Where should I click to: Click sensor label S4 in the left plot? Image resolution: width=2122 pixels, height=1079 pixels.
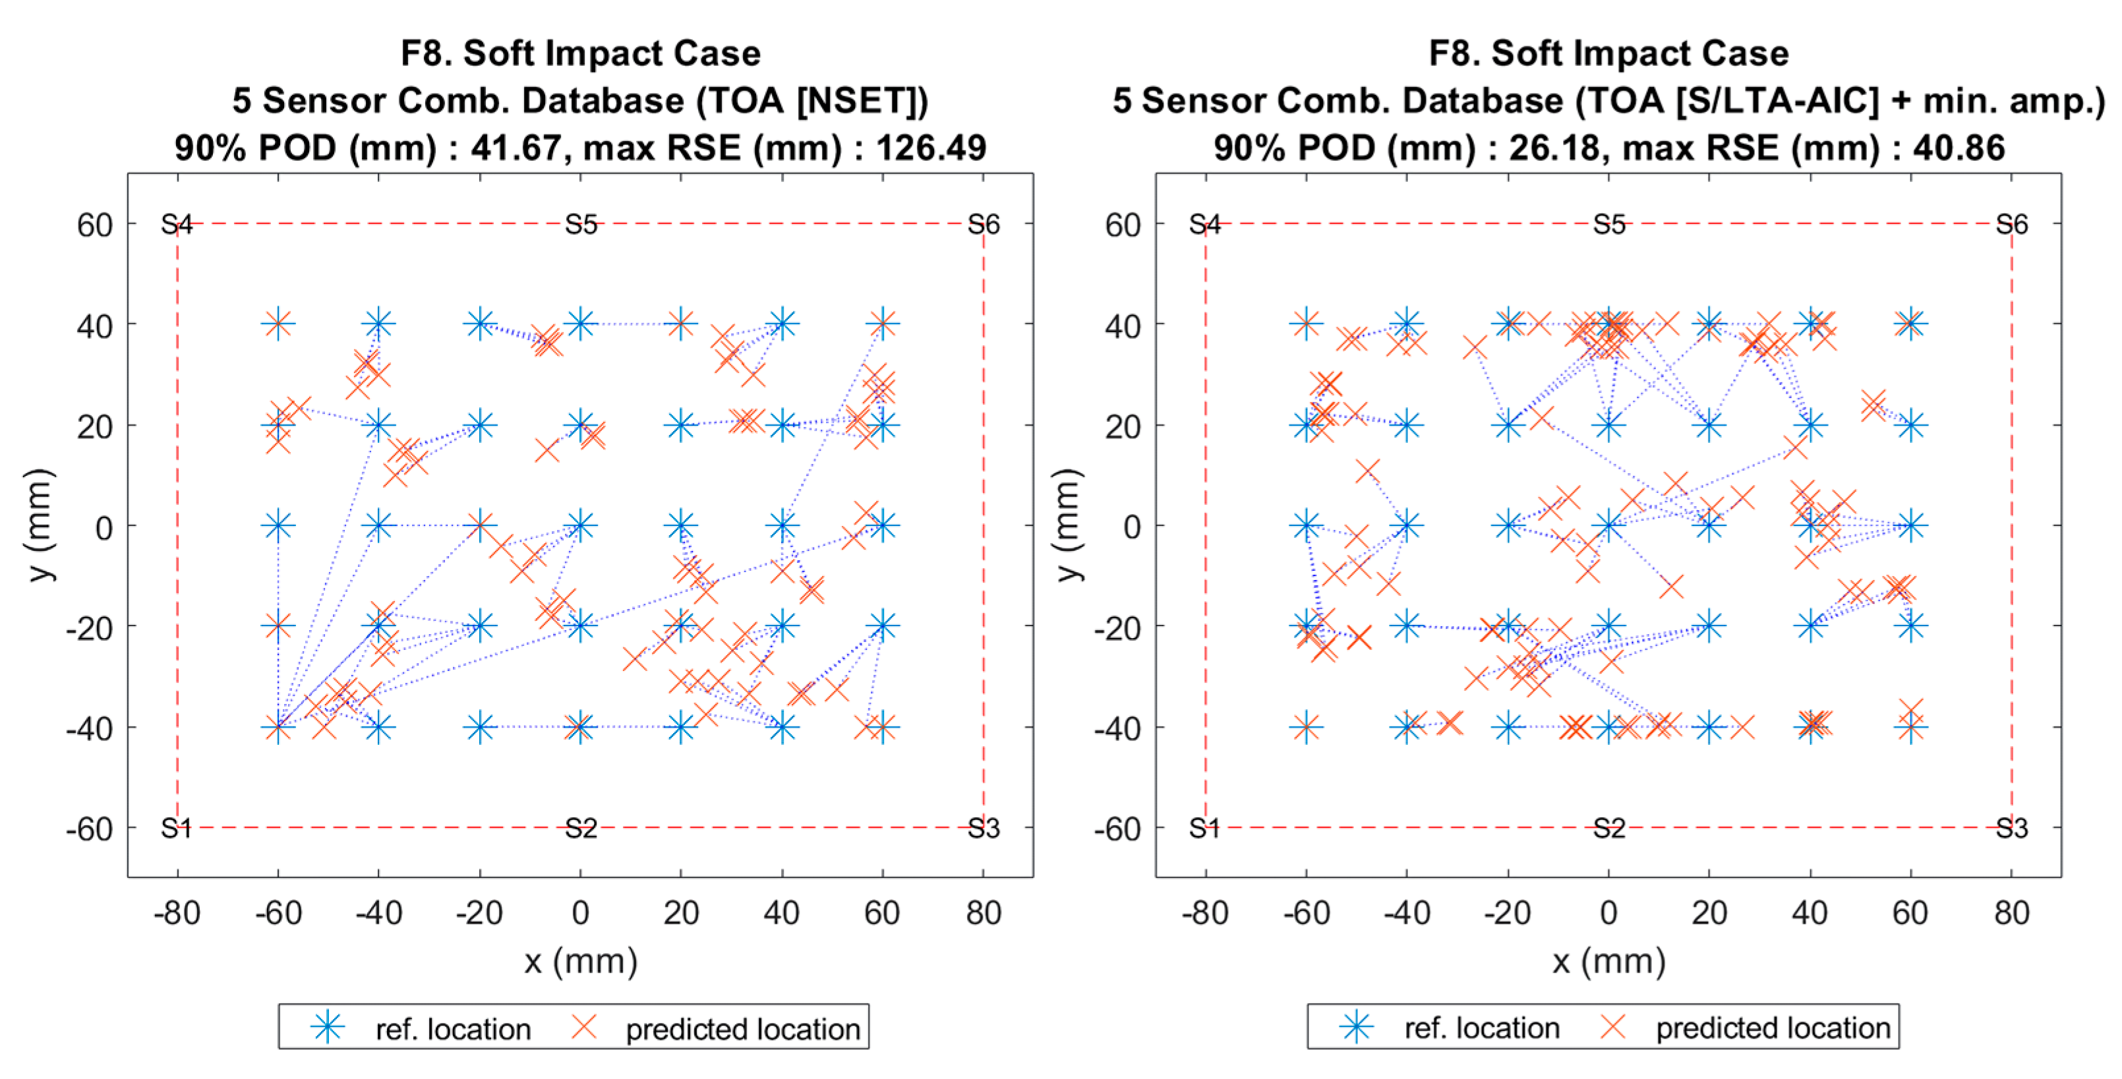[176, 224]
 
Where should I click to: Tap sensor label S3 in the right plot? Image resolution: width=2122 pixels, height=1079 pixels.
[2011, 828]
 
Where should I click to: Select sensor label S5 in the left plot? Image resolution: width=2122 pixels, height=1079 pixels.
[581, 224]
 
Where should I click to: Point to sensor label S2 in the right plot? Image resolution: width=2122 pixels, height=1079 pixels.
[1608, 828]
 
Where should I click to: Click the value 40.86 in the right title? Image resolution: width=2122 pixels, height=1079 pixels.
[1959, 148]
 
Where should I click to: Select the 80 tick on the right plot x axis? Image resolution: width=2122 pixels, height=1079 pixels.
[2011, 913]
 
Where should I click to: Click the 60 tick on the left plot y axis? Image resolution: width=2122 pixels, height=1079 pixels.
[95, 225]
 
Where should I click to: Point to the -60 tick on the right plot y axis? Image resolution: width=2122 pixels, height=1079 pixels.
[1117, 829]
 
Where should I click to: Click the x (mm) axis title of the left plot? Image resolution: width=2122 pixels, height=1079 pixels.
[581, 961]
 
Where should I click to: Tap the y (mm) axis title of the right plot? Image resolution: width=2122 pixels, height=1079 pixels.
[1067, 525]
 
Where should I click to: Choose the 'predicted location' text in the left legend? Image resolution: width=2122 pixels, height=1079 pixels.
[742, 1029]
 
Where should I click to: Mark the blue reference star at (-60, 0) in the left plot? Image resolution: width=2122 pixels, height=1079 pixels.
[278, 525]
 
